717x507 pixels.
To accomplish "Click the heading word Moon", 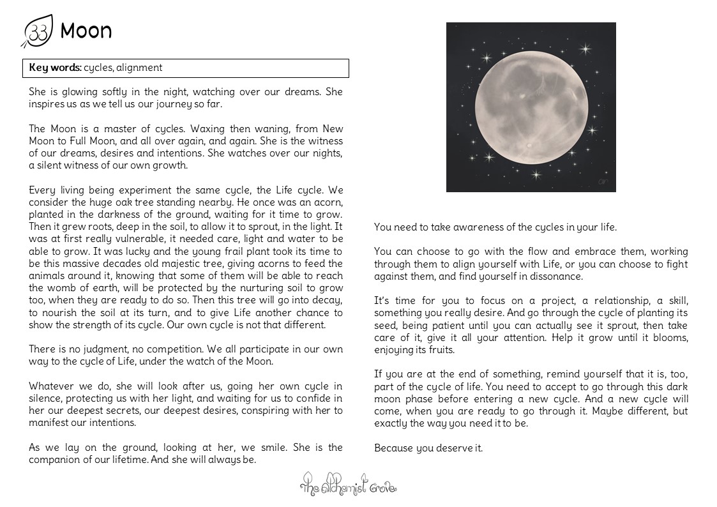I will [86, 31].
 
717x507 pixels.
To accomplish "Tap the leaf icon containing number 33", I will [38, 31].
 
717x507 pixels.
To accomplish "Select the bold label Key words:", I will [55, 68].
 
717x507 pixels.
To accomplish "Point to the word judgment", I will [102, 349].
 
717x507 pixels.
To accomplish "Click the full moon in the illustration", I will [531, 107].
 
